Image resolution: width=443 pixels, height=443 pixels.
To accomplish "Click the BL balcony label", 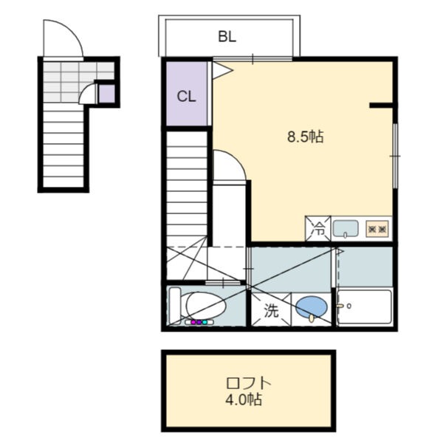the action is click(x=227, y=37).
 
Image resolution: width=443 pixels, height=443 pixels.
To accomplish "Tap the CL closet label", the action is click(x=187, y=97).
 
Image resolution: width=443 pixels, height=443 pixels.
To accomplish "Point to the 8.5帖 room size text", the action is click(x=306, y=137).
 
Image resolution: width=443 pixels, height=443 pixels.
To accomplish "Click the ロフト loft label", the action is click(x=249, y=383).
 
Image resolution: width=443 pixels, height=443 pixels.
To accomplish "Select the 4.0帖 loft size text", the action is click(x=244, y=399).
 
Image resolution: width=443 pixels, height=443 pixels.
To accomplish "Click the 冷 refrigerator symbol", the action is click(x=317, y=229).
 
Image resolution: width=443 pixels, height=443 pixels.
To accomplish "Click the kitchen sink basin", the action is click(x=346, y=228).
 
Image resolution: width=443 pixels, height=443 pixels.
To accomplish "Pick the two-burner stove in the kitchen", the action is click(x=377, y=229).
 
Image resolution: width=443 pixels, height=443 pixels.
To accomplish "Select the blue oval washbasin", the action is click(x=312, y=307).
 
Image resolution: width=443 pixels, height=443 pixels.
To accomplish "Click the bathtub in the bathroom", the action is click(x=365, y=307).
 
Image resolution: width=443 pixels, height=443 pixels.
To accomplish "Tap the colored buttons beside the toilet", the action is click(x=199, y=322).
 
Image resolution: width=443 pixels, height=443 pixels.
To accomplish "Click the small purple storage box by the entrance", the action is click(x=106, y=94).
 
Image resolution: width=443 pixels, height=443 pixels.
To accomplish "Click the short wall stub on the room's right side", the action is click(x=381, y=106).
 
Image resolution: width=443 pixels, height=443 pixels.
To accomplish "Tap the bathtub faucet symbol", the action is click(x=343, y=306).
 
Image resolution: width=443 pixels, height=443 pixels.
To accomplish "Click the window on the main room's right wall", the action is click(x=396, y=156).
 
